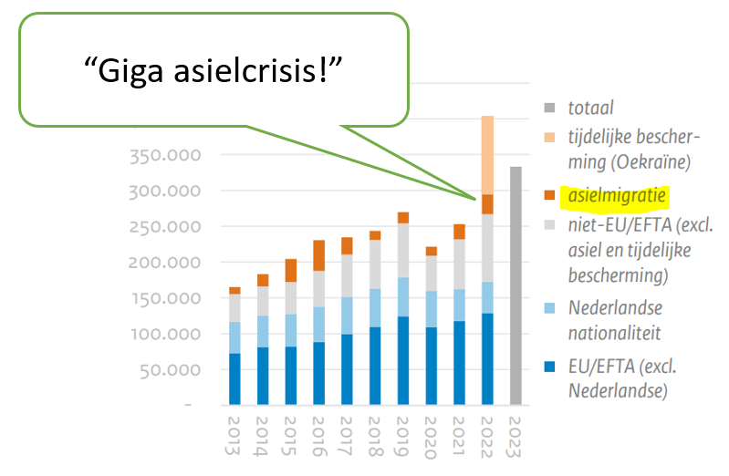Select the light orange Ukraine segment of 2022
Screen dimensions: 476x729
click(488, 155)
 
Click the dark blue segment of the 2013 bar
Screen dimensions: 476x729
click(234, 378)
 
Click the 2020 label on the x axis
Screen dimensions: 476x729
click(432, 438)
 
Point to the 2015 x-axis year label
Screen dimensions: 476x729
click(291, 438)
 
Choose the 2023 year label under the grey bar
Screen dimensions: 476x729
click(516, 438)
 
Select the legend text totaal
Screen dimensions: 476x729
click(591, 108)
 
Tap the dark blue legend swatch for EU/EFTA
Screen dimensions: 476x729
click(548, 367)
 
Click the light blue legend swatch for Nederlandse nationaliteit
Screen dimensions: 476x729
click(548, 309)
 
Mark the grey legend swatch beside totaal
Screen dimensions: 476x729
click(548, 108)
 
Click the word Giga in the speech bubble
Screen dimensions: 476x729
click(128, 69)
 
